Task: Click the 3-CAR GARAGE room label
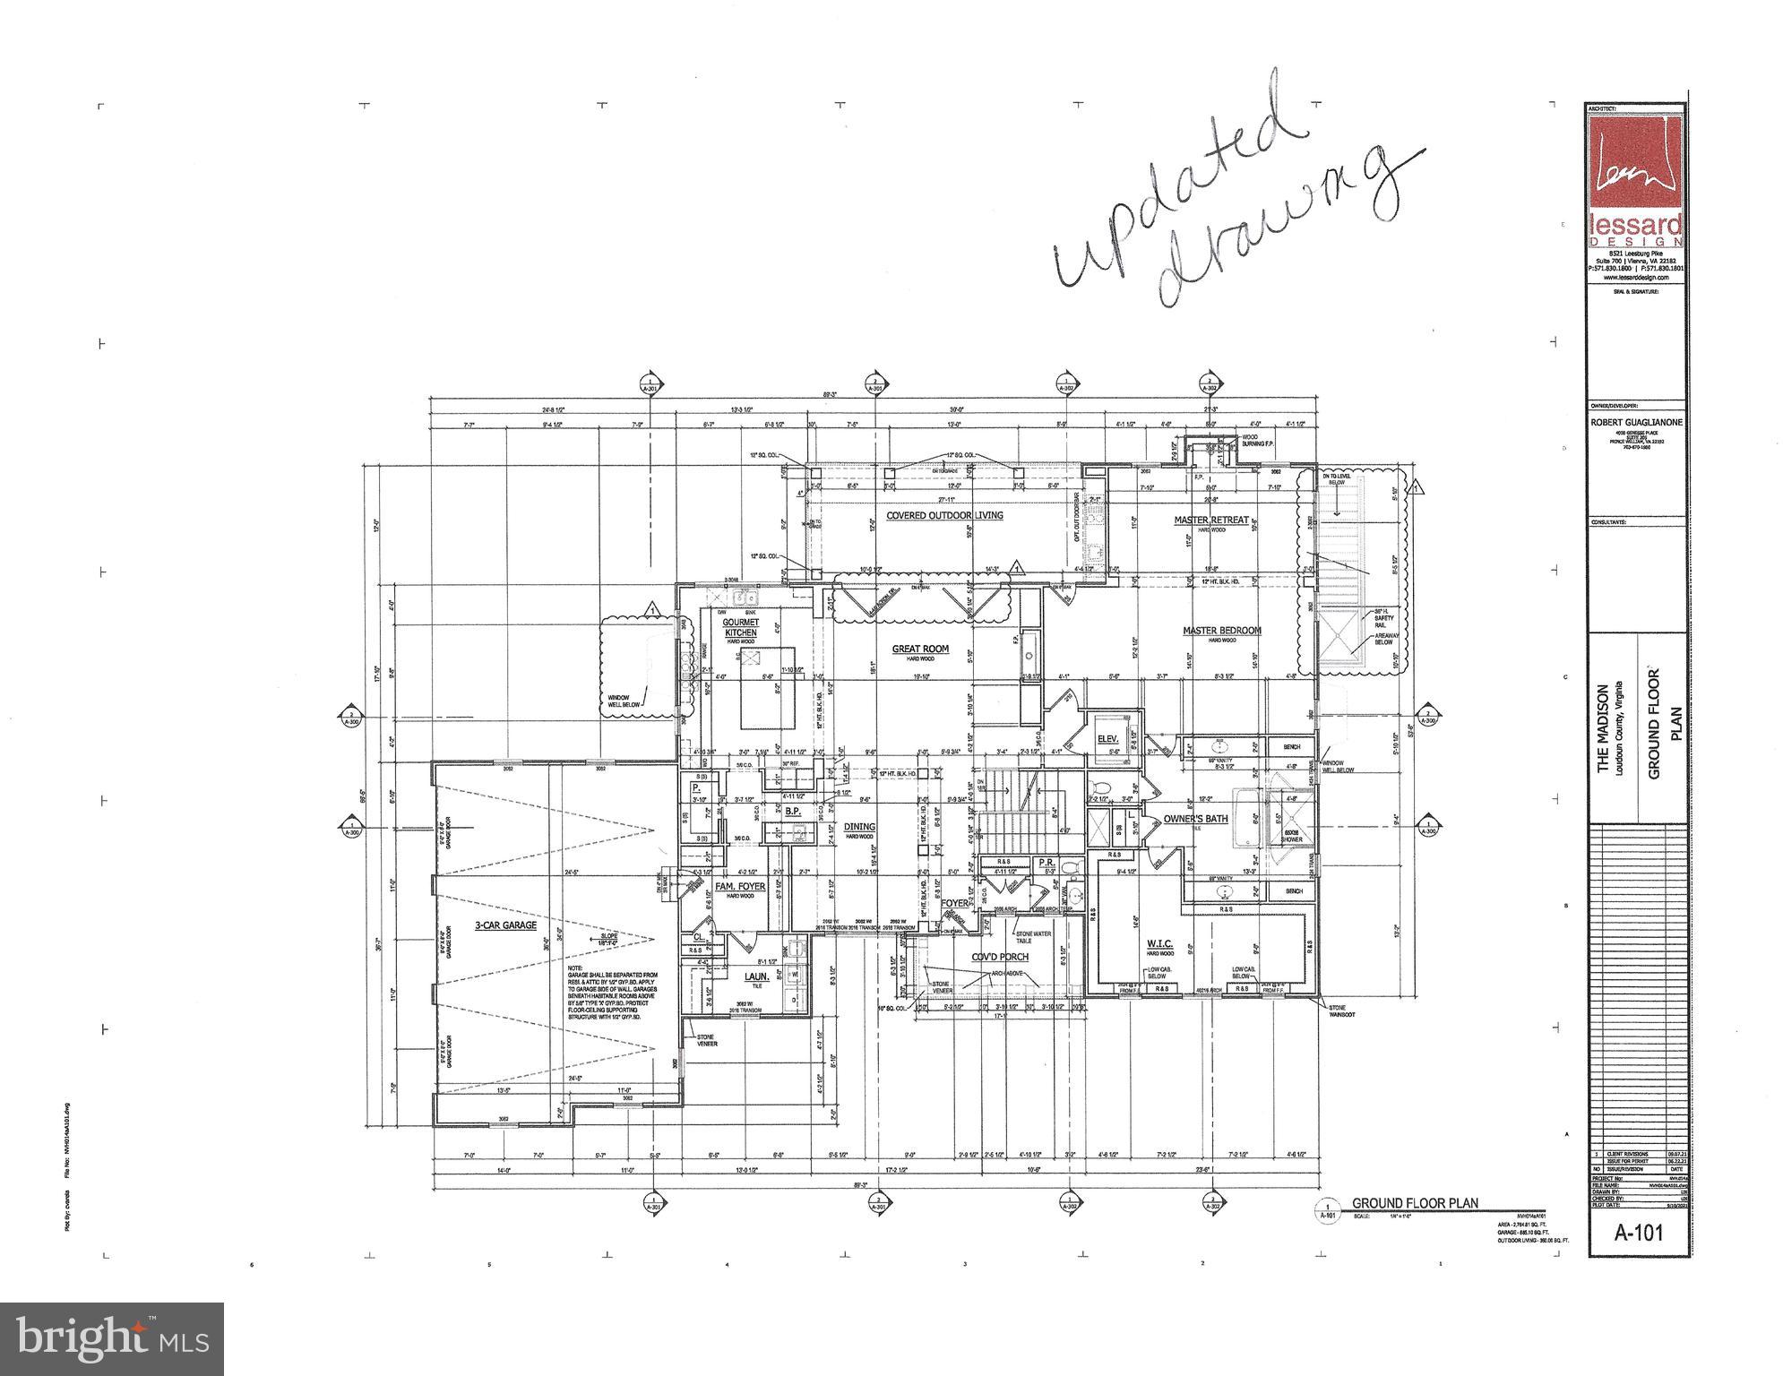(x=506, y=924)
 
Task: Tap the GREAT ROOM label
(x=919, y=649)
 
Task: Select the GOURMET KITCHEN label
(x=741, y=627)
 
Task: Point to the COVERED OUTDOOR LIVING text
(x=944, y=515)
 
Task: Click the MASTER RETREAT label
(x=1211, y=520)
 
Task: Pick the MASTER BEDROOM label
(x=1221, y=631)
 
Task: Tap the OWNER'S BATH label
(x=1195, y=819)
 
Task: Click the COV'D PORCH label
(x=1000, y=957)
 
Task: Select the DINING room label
(x=859, y=827)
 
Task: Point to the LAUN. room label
(x=757, y=976)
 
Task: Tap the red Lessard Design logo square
(x=1635, y=167)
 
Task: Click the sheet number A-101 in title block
(x=1639, y=1233)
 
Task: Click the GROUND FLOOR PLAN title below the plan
(x=1415, y=1203)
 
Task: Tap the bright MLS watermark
(x=112, y=1338)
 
